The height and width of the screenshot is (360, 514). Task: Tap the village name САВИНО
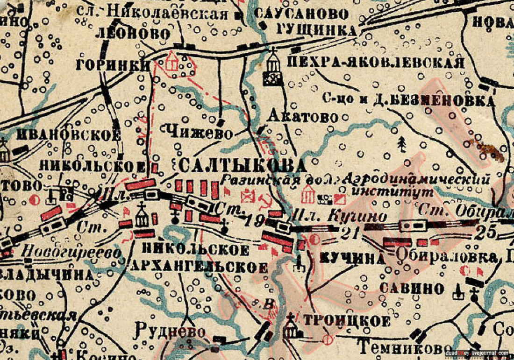[411, 288]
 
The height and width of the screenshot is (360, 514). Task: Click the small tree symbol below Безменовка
[401, 144]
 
